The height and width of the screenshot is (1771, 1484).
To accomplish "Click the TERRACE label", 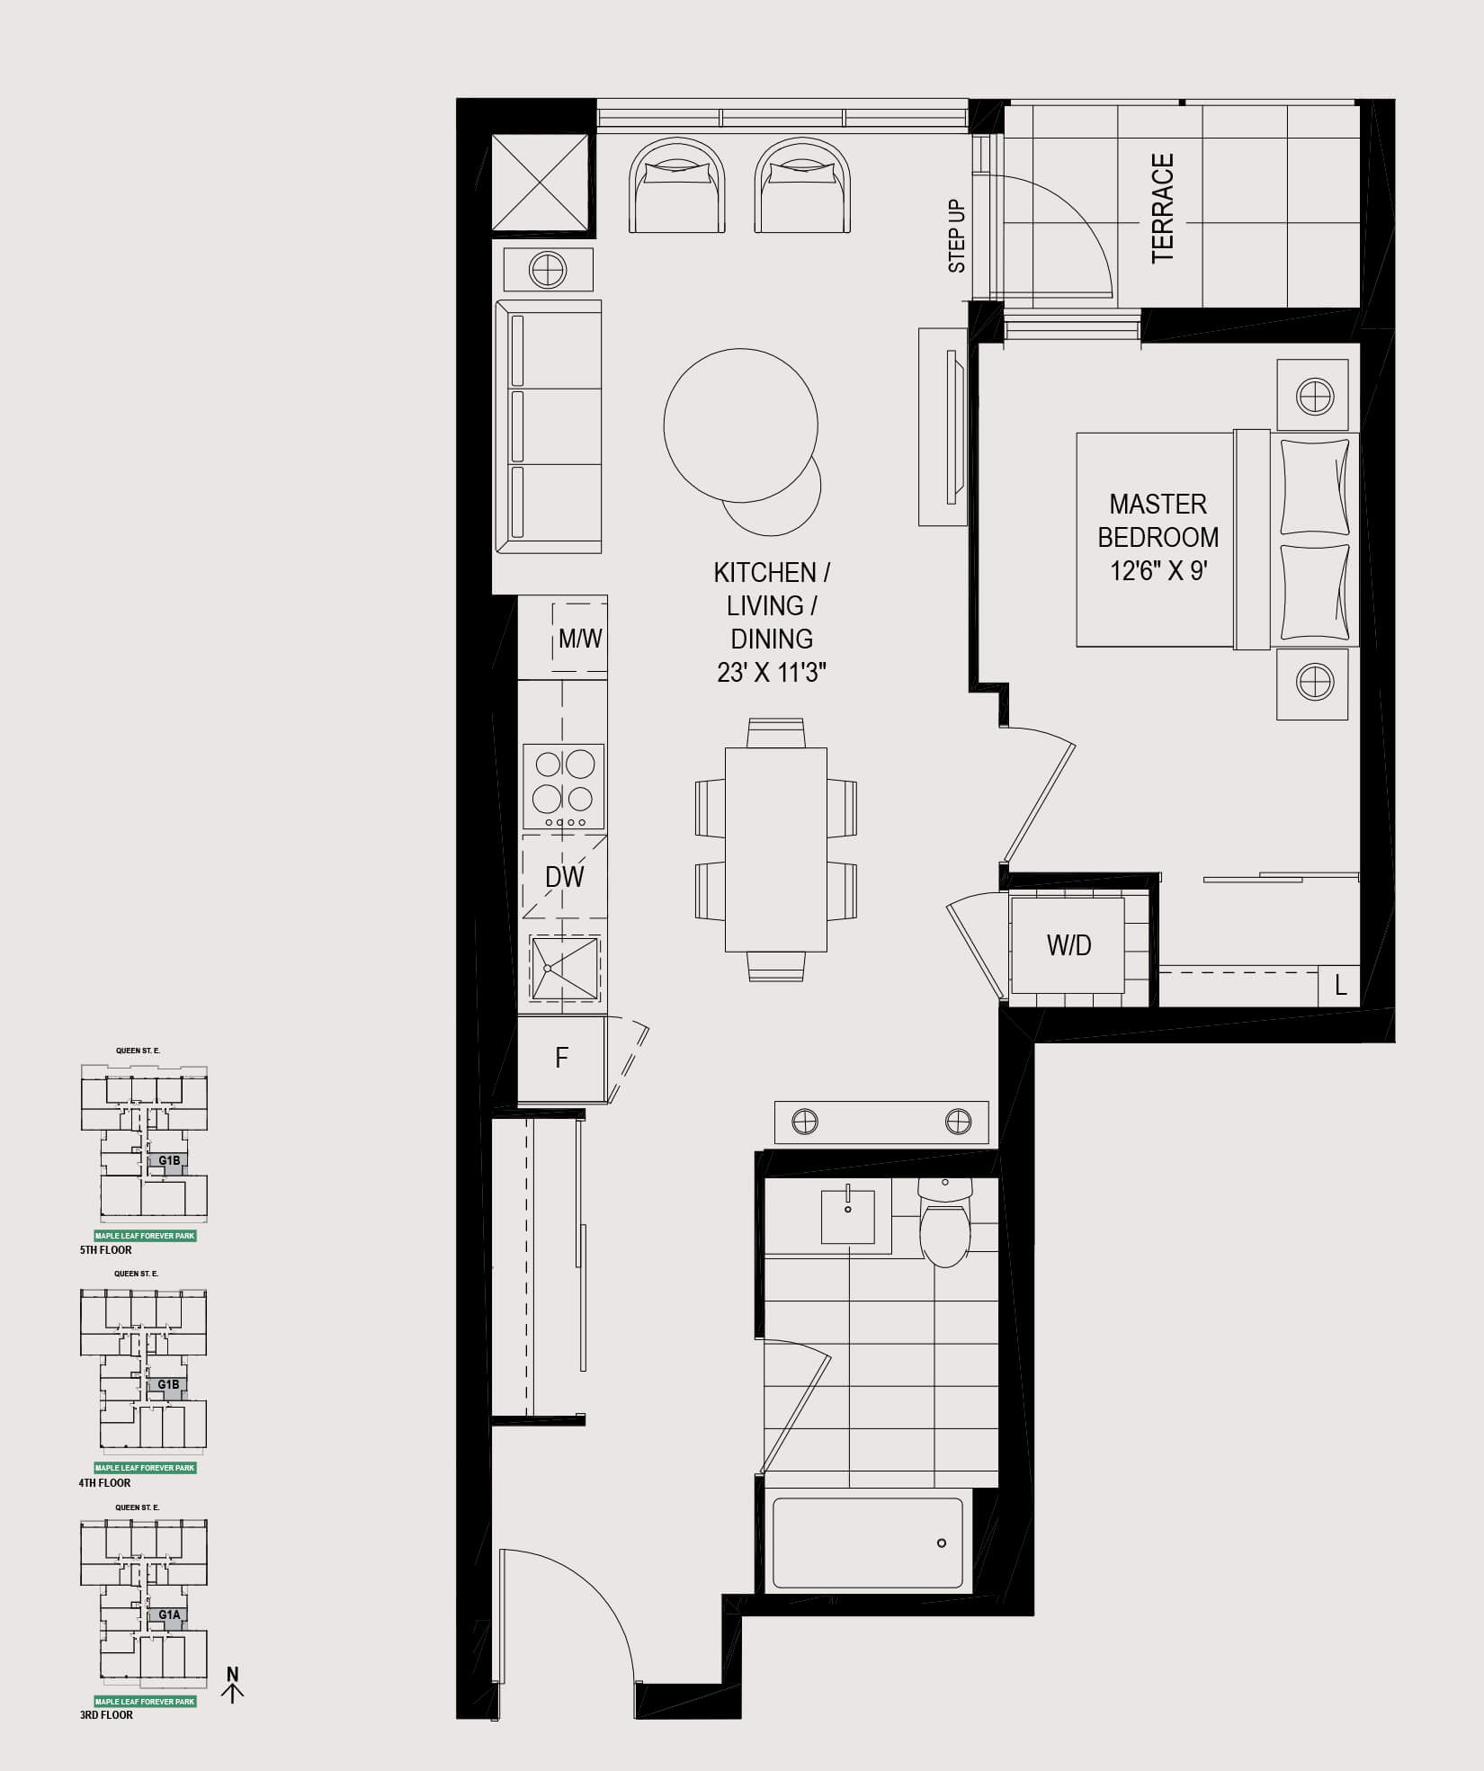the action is click(1163, 208).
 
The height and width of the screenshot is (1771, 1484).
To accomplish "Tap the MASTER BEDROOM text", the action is click(1158, 520).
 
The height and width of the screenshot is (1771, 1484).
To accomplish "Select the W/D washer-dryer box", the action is click(1068, 945).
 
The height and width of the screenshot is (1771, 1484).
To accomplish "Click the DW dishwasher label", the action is click(564, 877).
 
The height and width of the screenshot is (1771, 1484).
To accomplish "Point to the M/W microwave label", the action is click(580, 639).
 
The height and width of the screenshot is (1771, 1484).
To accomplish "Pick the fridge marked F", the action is click(562, 1058).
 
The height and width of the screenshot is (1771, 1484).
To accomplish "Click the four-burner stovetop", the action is click(564, 786).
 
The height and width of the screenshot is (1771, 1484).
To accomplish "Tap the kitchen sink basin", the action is click(565, 968).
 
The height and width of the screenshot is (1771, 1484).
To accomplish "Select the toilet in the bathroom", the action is click(945, 1221).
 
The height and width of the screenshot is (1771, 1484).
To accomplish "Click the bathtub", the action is click(868, 1543).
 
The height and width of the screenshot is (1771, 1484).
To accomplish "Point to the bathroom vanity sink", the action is click(848, 1217).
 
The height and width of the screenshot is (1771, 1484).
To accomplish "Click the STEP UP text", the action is click(957, 237).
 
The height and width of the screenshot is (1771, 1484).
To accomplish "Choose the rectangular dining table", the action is click(776, 849).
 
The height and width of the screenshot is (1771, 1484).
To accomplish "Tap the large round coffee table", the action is click(741, 425).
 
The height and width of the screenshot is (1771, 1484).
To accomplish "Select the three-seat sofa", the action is click(549, 427).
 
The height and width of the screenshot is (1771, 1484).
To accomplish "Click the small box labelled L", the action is click(1339, 986).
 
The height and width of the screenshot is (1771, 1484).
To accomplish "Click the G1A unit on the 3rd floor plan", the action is click(169, 1615).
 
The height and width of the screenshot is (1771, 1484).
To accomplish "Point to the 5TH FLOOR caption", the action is click(106, 1250).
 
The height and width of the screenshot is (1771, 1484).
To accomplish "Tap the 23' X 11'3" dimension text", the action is click(772, 673).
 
